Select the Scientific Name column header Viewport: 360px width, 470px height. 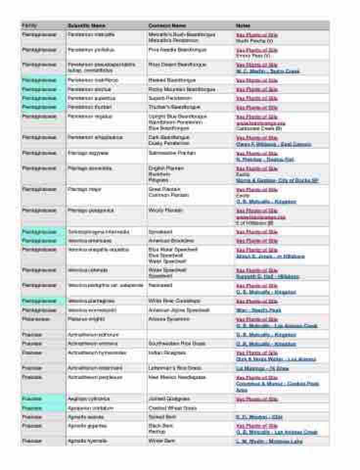pos(86,25)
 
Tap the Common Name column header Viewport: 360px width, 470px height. pos(167,25)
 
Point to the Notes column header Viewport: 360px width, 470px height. pos(243,25)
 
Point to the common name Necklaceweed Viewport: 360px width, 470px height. pos(160,285)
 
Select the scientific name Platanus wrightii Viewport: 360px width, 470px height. pos(83,319)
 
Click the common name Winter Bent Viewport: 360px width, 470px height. pos(161,441)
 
